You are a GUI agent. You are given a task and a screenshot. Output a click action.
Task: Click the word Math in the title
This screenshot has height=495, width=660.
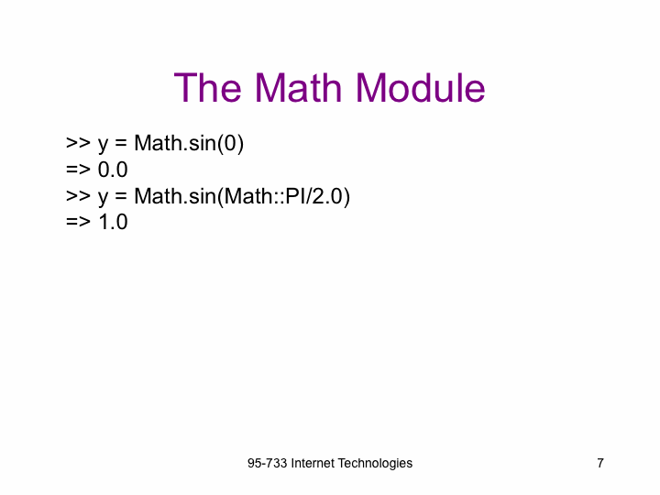coord(298,88)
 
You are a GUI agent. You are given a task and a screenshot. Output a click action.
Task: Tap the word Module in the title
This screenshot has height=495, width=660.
coord(421,88)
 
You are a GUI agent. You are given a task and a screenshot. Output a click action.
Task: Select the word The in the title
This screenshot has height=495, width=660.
coord(207,88)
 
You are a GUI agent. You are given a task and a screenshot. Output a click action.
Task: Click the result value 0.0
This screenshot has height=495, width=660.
coord(113,170)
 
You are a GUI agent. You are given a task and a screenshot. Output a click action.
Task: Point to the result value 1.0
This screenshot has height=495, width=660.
coord(113,222)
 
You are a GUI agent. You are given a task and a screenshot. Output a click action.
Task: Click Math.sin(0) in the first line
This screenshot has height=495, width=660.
coord(189,144)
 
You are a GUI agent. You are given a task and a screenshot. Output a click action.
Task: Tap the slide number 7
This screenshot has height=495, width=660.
coord(600,463)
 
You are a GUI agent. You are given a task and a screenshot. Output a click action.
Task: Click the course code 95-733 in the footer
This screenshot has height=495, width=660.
coord(268,463)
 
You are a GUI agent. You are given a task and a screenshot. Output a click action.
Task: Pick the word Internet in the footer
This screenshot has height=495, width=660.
coord(313,463)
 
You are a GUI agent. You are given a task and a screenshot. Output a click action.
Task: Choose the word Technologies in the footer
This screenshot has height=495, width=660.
coord(375,464)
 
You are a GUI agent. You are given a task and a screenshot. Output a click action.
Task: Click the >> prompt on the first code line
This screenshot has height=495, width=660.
coord(78,143)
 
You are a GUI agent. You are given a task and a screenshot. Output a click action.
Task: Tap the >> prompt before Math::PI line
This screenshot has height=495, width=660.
coord(78,196)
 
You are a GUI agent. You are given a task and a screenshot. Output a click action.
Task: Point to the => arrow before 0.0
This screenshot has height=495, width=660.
coord(78,170)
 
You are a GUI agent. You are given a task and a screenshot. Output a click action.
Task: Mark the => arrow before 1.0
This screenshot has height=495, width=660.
coord(78,222)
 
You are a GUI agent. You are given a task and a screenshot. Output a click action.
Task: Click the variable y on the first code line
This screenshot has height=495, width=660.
coord(103,146)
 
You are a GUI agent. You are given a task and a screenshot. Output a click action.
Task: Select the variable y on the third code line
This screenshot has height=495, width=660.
coord(103,198)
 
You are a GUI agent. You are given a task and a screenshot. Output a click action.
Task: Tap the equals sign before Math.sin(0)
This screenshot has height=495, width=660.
coord(121,143)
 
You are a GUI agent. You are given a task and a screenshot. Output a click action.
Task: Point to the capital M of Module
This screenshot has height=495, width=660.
coord(370,88)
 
